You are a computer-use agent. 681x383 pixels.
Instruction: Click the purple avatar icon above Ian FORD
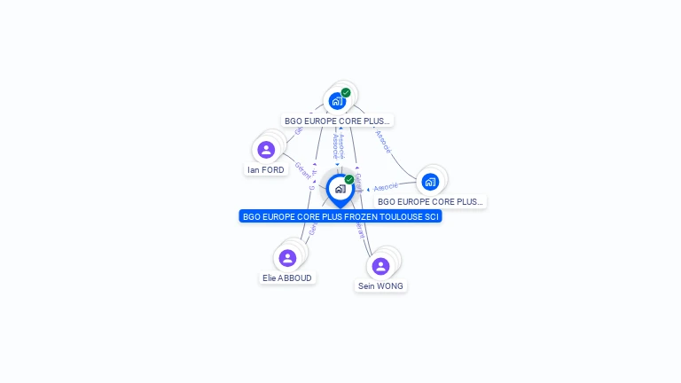click(x=266, y=150)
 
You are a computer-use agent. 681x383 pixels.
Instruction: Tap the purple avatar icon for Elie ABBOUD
click(x=287, y=258)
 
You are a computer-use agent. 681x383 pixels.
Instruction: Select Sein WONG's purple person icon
click(x=380, y=266)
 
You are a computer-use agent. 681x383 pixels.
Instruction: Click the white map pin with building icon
click(x=340, y=189)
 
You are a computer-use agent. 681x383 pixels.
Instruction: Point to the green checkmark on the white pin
click(x=349, y=180)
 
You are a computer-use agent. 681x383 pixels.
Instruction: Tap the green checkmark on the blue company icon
click(x=346, y=92)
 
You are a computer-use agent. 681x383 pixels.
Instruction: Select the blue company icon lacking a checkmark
click(x=430, y=183)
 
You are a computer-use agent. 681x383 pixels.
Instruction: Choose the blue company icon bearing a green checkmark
click(x=336, y=101)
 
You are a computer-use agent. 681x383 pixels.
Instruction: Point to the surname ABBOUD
click(x=296, y=277)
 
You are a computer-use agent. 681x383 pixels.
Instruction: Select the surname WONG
click(x=390, y=286)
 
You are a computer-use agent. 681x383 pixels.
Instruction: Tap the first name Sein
click(x=366, y=286)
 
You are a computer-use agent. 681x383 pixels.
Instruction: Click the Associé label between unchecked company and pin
click(x=386, y=187)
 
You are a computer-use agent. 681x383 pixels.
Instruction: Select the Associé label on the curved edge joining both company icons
click(x=383, y=141)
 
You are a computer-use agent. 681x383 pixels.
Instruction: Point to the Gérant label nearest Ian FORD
click(x=302, y=169)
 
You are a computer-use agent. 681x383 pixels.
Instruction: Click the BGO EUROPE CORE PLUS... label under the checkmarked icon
click(x=337, y=121)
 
